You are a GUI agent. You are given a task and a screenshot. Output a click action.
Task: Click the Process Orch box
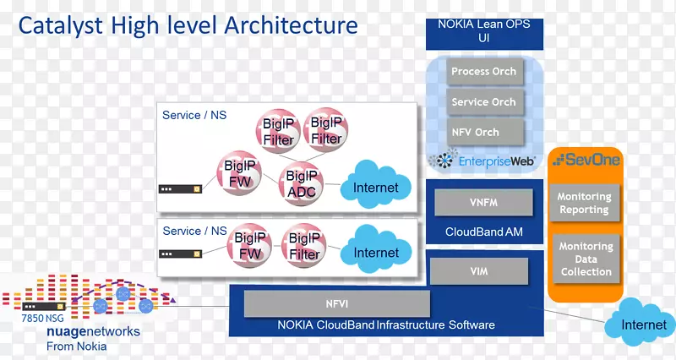pos(483,72)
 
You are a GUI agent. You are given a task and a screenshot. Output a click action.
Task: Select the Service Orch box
pos(483,102)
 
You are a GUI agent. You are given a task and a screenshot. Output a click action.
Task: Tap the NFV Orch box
pos(475,132)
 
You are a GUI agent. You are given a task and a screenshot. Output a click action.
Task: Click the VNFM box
pos(484,203)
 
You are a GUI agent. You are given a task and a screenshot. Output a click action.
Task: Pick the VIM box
pos(478,271)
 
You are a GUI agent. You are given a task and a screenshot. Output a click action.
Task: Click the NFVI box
pos(337,302)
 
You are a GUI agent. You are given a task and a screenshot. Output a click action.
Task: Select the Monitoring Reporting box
pos(584,203)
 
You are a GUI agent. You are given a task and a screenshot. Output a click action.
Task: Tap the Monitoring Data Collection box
pos(586,259)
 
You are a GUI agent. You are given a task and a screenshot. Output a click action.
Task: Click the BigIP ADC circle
pos(302,183)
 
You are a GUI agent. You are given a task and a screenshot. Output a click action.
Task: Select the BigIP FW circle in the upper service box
pos(241,174)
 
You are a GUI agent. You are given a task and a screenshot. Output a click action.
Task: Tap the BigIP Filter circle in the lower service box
pos(305,246)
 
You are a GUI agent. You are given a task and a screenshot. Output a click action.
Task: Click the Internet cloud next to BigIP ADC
pos(375,187)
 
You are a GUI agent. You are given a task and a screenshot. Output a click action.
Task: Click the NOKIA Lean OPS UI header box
pos(484,31)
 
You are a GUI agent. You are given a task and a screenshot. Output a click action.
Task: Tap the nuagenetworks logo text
pos(94,332)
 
